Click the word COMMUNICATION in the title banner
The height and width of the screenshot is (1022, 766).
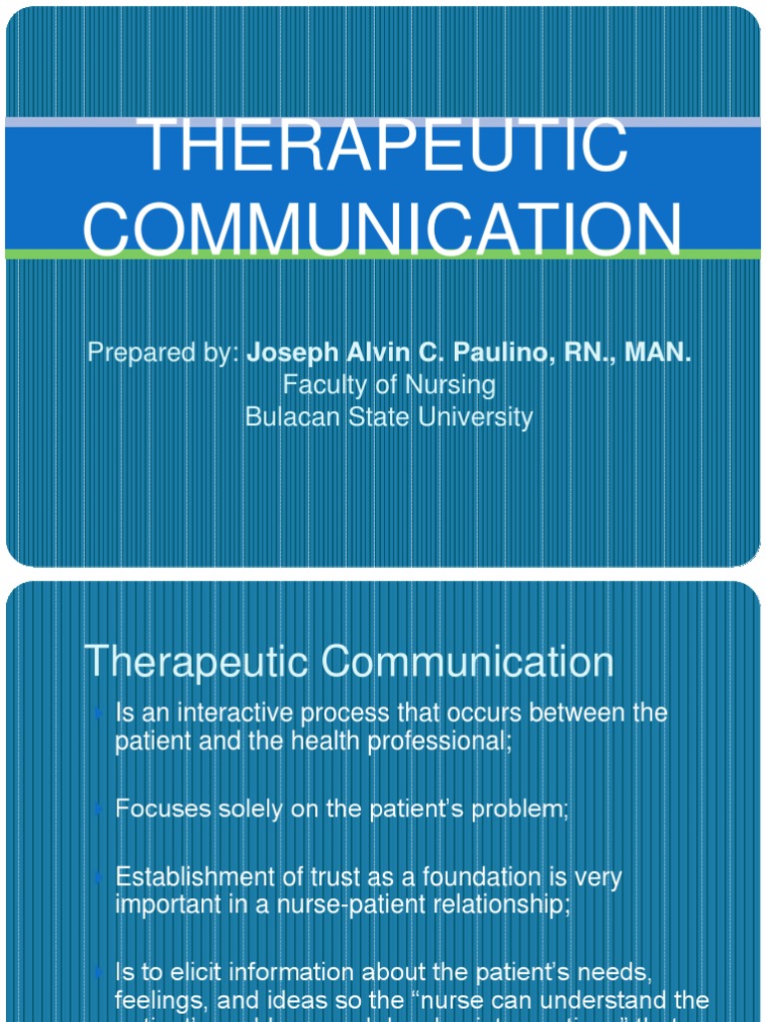pos(383,229)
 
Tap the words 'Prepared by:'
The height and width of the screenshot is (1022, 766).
pos(163,352)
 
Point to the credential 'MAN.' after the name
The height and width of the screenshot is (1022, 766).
pos(657,352)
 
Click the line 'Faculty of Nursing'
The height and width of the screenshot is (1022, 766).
pos(389,384)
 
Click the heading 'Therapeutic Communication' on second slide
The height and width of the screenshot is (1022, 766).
pos(349,662)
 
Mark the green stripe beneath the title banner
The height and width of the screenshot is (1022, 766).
pos(383,255)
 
